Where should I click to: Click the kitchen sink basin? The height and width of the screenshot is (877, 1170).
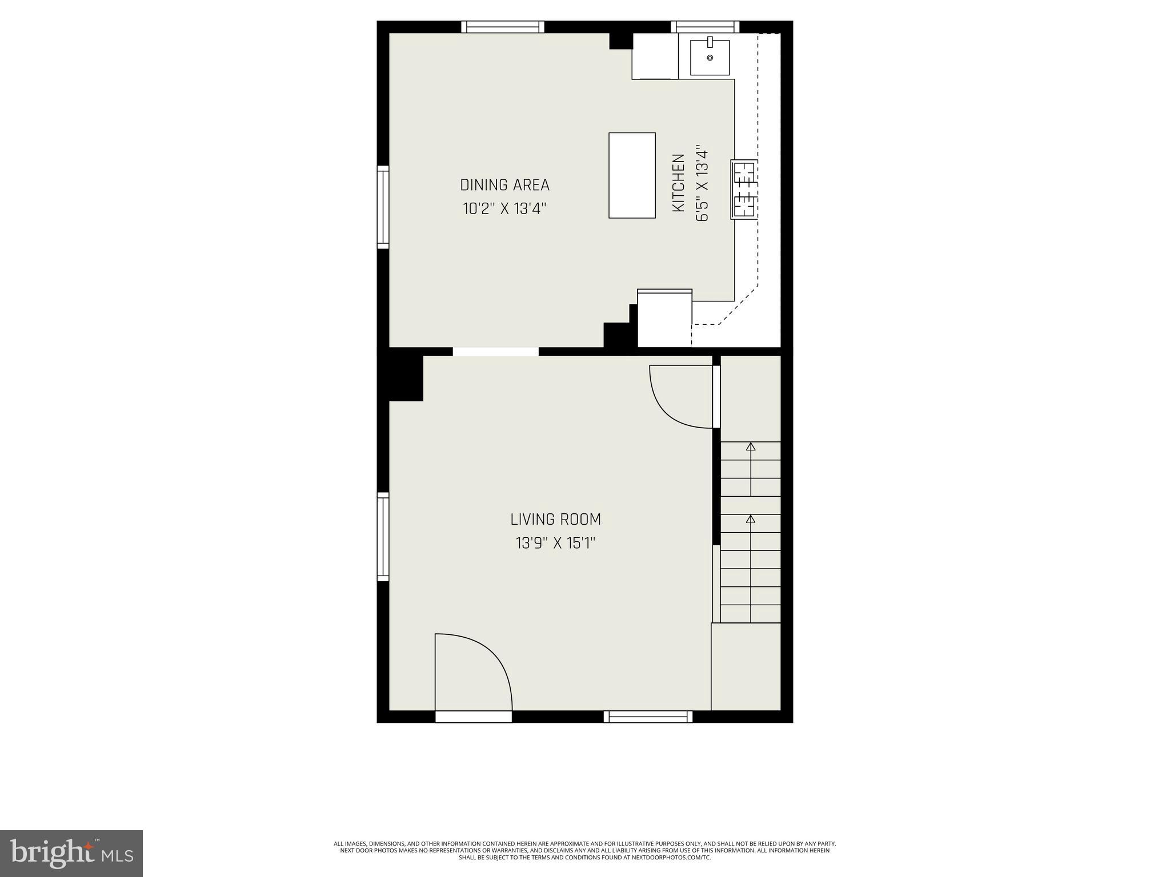(x=710, y=57)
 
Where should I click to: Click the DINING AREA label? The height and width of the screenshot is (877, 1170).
(x=504, y=185)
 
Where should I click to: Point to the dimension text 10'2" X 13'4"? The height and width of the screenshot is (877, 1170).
(x=504, y=209)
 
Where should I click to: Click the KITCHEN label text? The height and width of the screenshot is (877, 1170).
(x=678, y=183)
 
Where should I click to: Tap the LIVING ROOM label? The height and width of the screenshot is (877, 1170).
(x=555, y=520)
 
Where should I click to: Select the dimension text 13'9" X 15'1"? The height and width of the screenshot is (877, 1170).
(x=555, y=543)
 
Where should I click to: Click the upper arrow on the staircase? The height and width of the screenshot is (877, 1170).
(x=751, y=447)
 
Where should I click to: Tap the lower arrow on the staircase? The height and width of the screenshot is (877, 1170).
(x=751, y=520)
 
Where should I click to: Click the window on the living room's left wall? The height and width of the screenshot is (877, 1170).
(x=383, y=537)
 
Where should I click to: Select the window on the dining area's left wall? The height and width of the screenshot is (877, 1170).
(x=383, y=207)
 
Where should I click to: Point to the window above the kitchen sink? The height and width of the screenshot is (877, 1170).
(x=705, y=27)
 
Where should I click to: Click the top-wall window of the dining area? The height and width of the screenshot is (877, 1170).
(x=503, y=27)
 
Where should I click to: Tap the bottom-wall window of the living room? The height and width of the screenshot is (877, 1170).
(x=648, y=717)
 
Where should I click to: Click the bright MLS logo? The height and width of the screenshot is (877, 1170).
(x=71, y=852)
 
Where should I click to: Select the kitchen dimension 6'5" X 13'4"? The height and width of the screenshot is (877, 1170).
(x=702, y=183)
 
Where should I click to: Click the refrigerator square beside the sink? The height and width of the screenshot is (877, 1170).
(x=655, y=56)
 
